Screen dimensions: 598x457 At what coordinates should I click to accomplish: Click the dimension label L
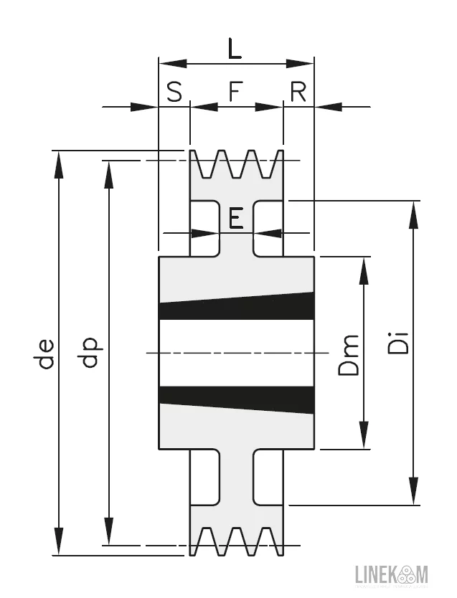pyautogui.click(x=235, y=49)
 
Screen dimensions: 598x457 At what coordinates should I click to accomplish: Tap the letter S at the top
pyautogui.click(x=174, y=92)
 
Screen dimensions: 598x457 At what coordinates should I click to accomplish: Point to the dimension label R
pyautogui.click(x=298, y=92)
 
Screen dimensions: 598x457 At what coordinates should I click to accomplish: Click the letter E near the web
pyautogui.click(x=236, y=218)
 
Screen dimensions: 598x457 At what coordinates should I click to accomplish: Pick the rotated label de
pyautogui.click(x=46, y=353)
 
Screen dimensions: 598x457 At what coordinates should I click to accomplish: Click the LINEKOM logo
pyautogui.click(x=391, y=574)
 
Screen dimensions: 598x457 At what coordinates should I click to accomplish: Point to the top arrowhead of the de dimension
pyautogui.click(x=59, y=161)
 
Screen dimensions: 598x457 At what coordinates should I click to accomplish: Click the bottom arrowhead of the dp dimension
pyautogui.click(x=108, y=534)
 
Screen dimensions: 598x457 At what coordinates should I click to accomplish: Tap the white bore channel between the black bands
pyautogui.click(x=237, y=353)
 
